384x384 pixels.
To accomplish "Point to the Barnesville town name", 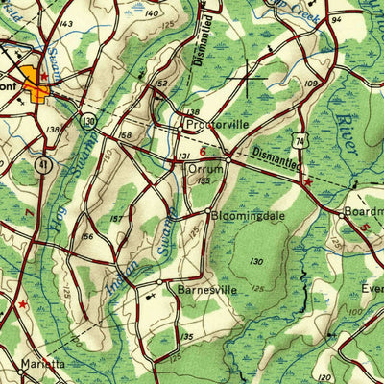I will tap(200, 288).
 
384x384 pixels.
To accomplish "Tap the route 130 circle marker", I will tap(88, 121).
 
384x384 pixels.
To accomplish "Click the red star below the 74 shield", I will tap(307, 180).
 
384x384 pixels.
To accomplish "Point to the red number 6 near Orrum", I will tap(203, 151).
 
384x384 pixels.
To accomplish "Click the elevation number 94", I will tap(336, 18).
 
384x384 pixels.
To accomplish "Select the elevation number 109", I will tap(311, 84).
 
